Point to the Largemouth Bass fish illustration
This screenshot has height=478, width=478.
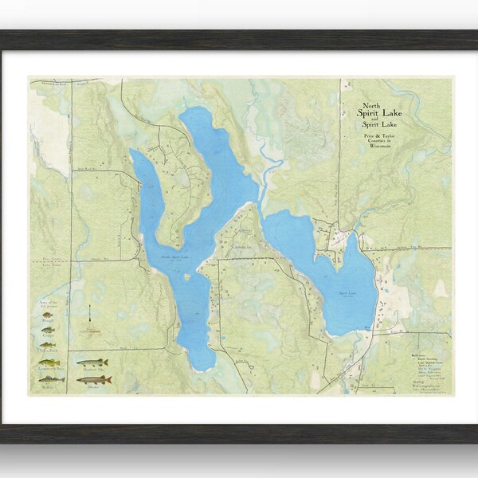pos(49,362)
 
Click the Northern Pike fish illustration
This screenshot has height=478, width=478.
pos(92,362)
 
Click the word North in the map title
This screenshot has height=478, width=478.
pos(371,105)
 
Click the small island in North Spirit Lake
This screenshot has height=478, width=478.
pos(186,277)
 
